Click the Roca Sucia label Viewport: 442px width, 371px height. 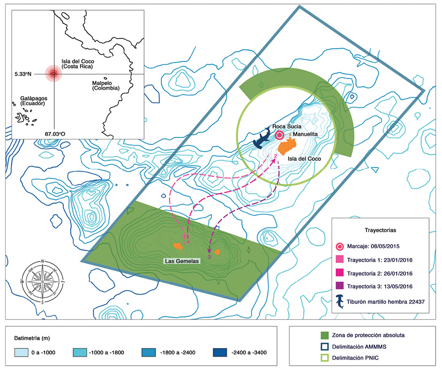287,127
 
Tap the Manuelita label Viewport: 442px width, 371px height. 305,134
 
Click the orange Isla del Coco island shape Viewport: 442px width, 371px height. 288,146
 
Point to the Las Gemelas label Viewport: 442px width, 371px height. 182,261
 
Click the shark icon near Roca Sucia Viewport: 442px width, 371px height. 263,138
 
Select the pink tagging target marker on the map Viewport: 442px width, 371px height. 279,135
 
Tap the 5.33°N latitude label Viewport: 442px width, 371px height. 23,74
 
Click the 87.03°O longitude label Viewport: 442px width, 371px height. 55,134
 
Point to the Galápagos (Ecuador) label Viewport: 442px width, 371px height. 34,101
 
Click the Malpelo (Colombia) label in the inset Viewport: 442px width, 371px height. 106,86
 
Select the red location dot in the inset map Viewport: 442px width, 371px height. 54,74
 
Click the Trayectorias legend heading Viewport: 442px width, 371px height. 380,230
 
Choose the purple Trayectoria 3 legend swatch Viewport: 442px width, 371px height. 340,286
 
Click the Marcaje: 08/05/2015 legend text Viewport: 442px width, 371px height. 373,246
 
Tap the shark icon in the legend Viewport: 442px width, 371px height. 340,302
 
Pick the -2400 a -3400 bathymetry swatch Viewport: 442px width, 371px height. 220,352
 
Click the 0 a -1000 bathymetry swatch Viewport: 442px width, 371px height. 21,352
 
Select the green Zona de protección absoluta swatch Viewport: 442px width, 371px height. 325,335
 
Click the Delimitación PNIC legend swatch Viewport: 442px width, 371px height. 325,358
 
